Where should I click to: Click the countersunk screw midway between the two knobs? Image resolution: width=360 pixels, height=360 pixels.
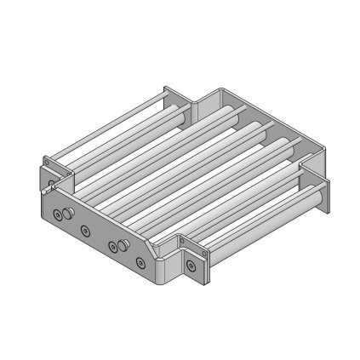(84, 230)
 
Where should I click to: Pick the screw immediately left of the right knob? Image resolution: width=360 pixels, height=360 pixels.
(112, 248)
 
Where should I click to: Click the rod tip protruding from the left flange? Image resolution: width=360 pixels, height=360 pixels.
(53, 180)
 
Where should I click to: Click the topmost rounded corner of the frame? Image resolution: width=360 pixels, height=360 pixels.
(217, 89)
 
